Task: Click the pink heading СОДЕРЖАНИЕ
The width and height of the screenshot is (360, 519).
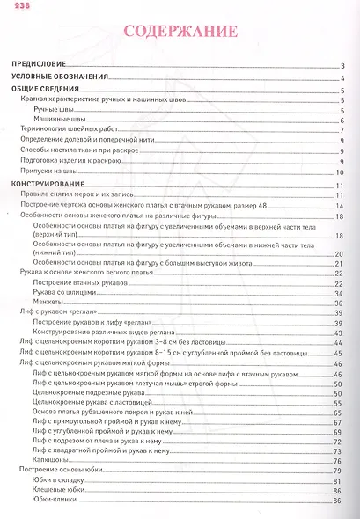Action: (x=180, y=33)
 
